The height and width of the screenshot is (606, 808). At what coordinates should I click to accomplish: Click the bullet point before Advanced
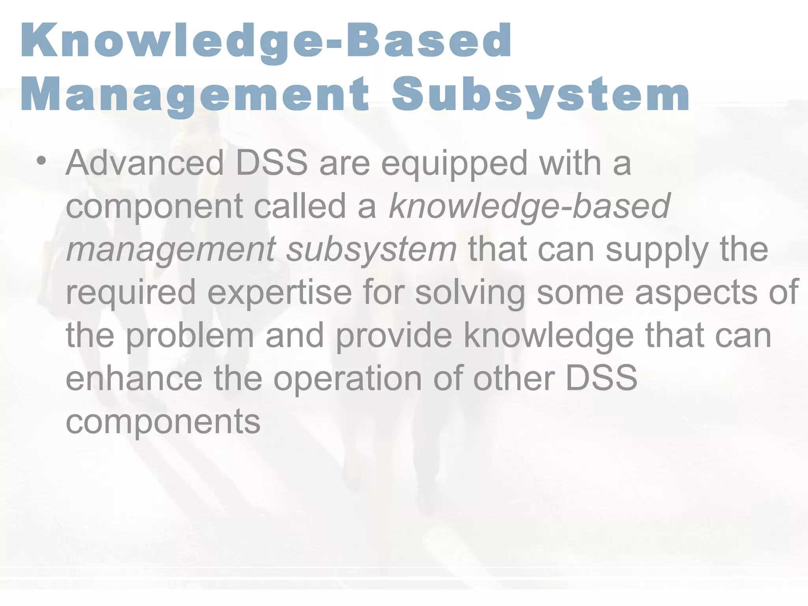41,161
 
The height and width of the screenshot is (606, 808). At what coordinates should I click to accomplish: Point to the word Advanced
145,163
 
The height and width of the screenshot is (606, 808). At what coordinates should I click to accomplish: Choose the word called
300,206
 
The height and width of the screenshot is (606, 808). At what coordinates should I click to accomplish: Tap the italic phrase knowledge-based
529,207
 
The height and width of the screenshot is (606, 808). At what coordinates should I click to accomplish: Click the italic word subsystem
371,250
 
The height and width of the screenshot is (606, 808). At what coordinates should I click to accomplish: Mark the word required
131,293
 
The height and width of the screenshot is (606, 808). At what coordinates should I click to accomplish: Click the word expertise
279,293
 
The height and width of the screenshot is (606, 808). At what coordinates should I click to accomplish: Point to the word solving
470,293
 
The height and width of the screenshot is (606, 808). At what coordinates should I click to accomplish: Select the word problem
190,336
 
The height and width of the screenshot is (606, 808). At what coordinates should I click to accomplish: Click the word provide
394,336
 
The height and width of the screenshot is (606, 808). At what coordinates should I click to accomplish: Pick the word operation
348,379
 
